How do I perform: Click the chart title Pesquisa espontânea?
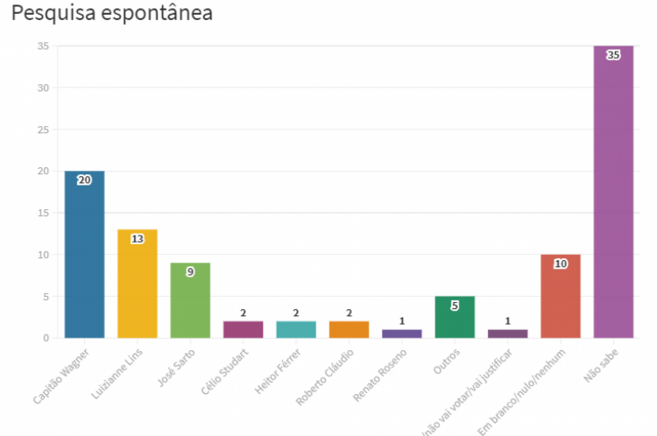click(112, 14)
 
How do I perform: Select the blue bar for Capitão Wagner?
click(84, 258)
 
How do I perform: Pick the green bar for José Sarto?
click(190, 302)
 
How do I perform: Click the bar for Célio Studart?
click(243, 329)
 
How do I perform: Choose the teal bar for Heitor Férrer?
click(296, 329)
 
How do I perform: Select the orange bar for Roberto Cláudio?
click(349, 329)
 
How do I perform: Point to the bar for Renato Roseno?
click(401, 334)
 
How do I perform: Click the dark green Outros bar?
click(455, 319)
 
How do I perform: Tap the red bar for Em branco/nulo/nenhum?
click(561, 298)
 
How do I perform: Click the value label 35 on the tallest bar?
click(613, 54)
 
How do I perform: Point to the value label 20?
click(84, 179)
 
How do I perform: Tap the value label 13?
click(138, 238)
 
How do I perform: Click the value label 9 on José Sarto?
click(190, 271)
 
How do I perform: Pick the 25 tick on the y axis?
click(43, 130)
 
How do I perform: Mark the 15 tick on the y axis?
click(43, 213)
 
